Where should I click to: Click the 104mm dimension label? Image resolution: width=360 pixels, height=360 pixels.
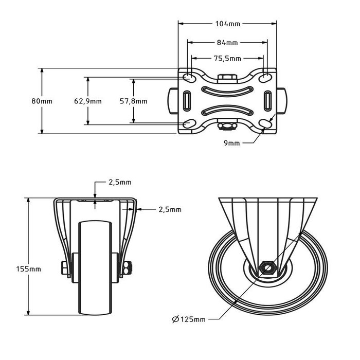click(x=227, y=23)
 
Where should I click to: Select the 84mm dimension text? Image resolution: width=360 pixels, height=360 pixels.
click(x=227, y=42)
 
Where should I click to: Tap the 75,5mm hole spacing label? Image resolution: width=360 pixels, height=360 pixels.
click(x=227, y=59)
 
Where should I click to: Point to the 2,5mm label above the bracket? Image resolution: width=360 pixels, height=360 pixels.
click(x=120, y=182)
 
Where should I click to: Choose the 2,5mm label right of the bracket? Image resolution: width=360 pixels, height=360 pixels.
click(x=170, y=209)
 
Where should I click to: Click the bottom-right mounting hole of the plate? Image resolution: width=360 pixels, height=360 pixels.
click(x=266, y=124)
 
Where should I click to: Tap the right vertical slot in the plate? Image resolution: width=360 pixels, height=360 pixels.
click(x=267, y=100)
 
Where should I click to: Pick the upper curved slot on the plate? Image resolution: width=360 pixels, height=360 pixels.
click(x=227, y=91)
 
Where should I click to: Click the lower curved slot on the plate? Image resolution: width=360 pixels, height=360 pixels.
click(x=227, y=110)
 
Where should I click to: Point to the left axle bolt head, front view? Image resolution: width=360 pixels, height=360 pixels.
click(x=64, y=268)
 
